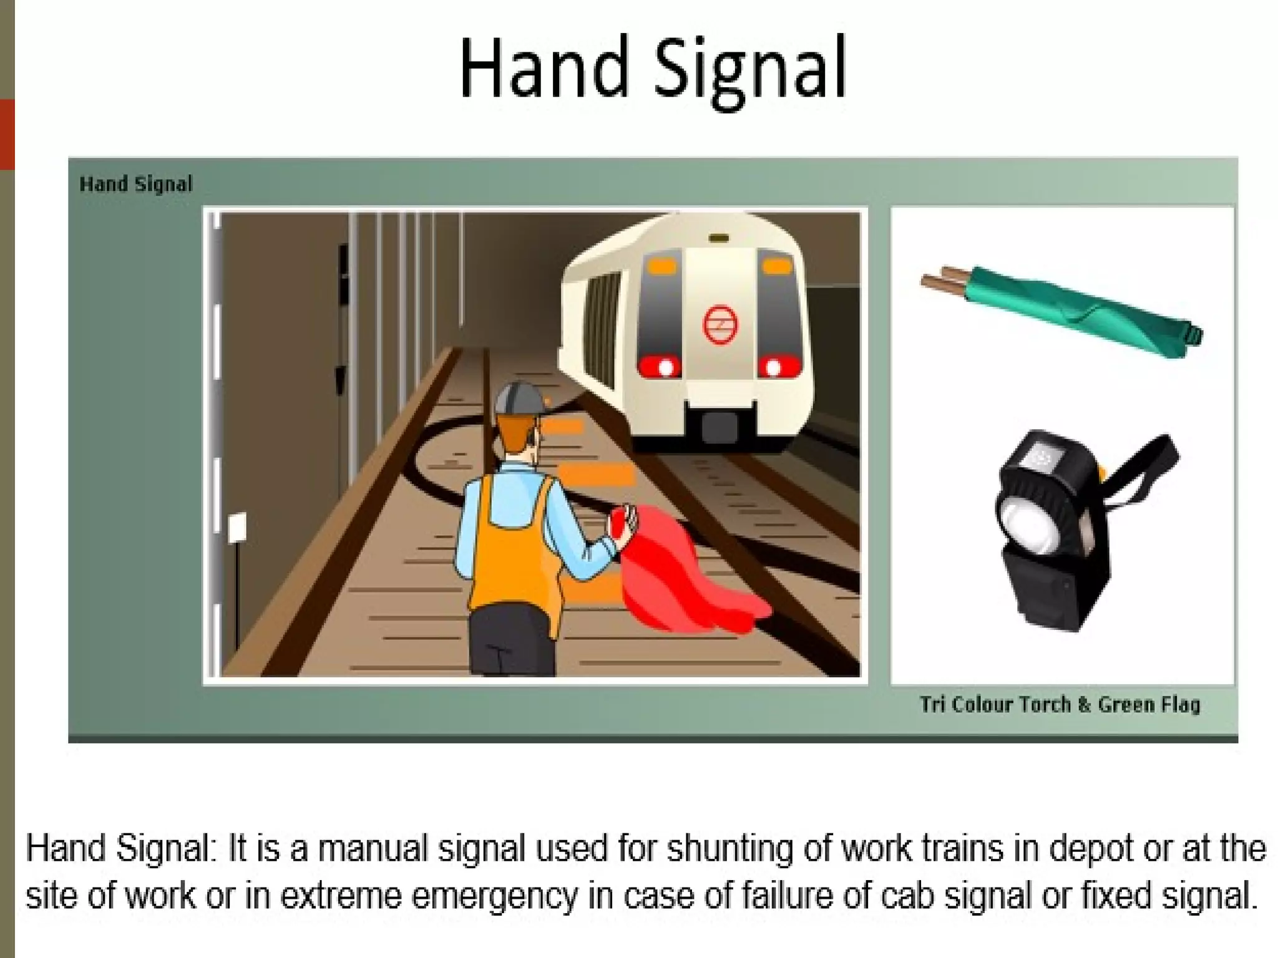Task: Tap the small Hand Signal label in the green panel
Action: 136,185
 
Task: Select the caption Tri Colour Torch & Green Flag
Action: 1060,705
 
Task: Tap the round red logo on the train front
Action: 720,324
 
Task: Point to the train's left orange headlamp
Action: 661,267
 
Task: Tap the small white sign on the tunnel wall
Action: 237,527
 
